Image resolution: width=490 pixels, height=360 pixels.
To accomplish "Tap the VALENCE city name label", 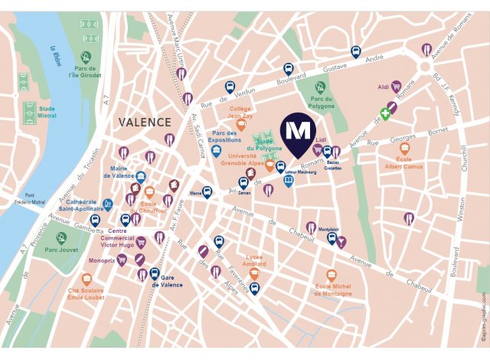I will (x=145, y=122).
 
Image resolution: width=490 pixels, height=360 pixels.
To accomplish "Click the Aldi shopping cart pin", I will (x=396, y=87).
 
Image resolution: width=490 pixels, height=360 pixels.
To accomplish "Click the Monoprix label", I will (x=100, y=260).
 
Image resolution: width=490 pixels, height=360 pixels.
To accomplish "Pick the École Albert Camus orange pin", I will (x=404, y=149).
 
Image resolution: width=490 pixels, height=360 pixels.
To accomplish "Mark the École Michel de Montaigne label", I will (x=333, y=290).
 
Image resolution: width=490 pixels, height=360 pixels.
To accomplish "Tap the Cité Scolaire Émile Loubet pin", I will (x=86, y=280).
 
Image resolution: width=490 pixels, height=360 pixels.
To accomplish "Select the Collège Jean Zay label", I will (x=240, y=113).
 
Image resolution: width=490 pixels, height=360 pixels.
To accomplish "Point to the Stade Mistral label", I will (x=52, y=113).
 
